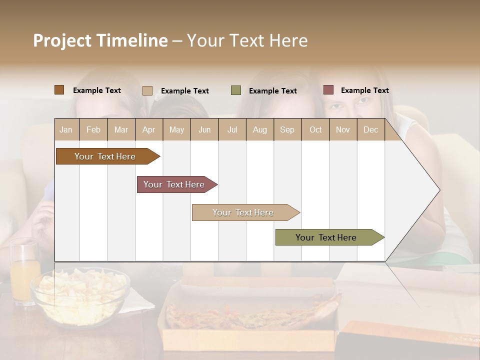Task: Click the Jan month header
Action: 66,129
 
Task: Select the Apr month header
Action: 148,129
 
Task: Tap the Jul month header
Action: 232,129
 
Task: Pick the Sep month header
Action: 287,129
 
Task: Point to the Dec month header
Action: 370,129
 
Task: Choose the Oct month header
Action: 315,129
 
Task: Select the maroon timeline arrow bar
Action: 175,184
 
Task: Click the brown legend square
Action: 59,90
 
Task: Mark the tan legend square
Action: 147,90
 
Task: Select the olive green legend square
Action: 236,90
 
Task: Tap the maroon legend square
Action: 328,90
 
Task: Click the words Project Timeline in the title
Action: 100,40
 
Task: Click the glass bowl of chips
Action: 80,295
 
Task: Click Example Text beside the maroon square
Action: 364,90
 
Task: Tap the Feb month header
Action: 93,129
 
